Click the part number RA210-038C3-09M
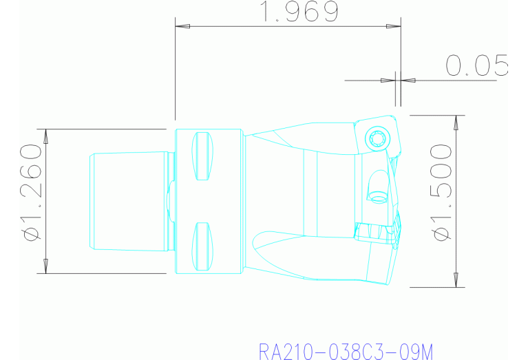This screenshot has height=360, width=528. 346,352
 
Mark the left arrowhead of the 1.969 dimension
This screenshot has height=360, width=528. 182,27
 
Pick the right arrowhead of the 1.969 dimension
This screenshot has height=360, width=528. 393,27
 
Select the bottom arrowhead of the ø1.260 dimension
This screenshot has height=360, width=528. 45,266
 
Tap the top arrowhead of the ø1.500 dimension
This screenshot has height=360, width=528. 454,123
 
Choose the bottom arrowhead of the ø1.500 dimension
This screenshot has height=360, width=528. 454,279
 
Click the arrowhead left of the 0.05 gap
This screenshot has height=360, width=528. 388,81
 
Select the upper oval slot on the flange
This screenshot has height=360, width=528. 202,156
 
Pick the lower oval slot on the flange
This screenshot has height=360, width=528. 202,246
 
